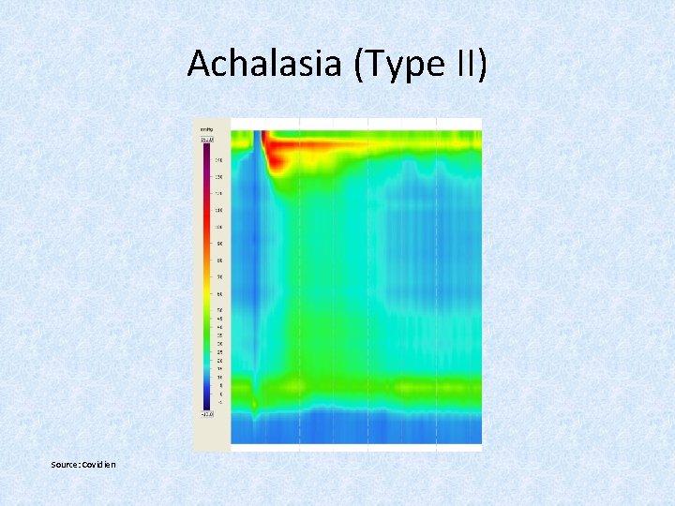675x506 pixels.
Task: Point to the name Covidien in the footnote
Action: click(99, 465)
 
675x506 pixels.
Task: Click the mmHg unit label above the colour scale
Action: click(204, 129)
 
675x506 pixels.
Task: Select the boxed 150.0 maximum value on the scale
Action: click(205, 139)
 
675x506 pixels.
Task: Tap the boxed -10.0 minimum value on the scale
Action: click(205, 412)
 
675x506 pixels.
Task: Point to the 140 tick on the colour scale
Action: click(218, 159)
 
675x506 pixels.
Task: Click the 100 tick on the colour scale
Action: click(218, 227)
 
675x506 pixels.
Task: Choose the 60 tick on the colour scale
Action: click(218, 294)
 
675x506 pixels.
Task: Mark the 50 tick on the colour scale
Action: click(218, 310)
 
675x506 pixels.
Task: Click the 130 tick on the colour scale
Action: click(218, 176)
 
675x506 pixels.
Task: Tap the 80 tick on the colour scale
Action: click(218, 260)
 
